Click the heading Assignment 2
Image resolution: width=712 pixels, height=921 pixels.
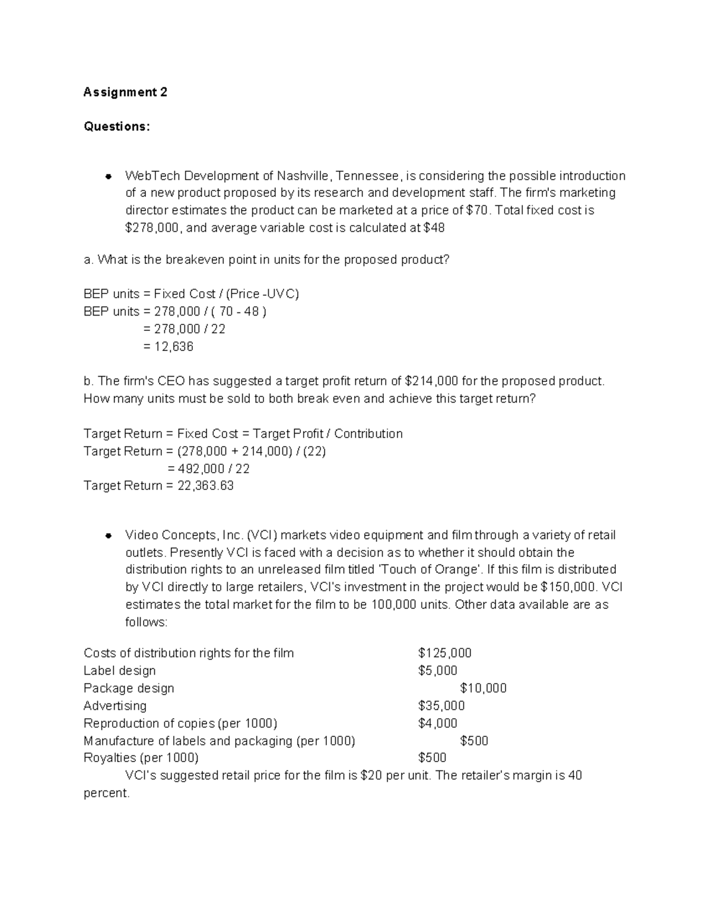(x=125, y=92)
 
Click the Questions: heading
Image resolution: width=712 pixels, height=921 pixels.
(x=117, y=126)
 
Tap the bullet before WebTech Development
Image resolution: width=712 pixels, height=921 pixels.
(x=109, y=176)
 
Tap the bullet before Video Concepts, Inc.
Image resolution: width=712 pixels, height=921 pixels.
(x=109, y=536)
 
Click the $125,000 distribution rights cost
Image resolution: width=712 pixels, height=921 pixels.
(x=444, y=653)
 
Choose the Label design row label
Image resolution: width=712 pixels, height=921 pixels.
(x=120, y=671)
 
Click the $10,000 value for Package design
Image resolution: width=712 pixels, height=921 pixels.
(x=483, y=688)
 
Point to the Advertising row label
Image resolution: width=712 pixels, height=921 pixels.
(x=115, y=706)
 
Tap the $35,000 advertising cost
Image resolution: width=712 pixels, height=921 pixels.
(x=441, y=706)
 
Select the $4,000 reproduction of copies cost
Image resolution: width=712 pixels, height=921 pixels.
(x=437, y=723)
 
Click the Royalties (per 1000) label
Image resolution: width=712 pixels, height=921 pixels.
(x=141, y=757)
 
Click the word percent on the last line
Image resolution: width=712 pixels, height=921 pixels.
(x=106, y=793)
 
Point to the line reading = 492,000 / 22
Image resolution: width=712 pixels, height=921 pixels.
(x=208, y=469)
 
